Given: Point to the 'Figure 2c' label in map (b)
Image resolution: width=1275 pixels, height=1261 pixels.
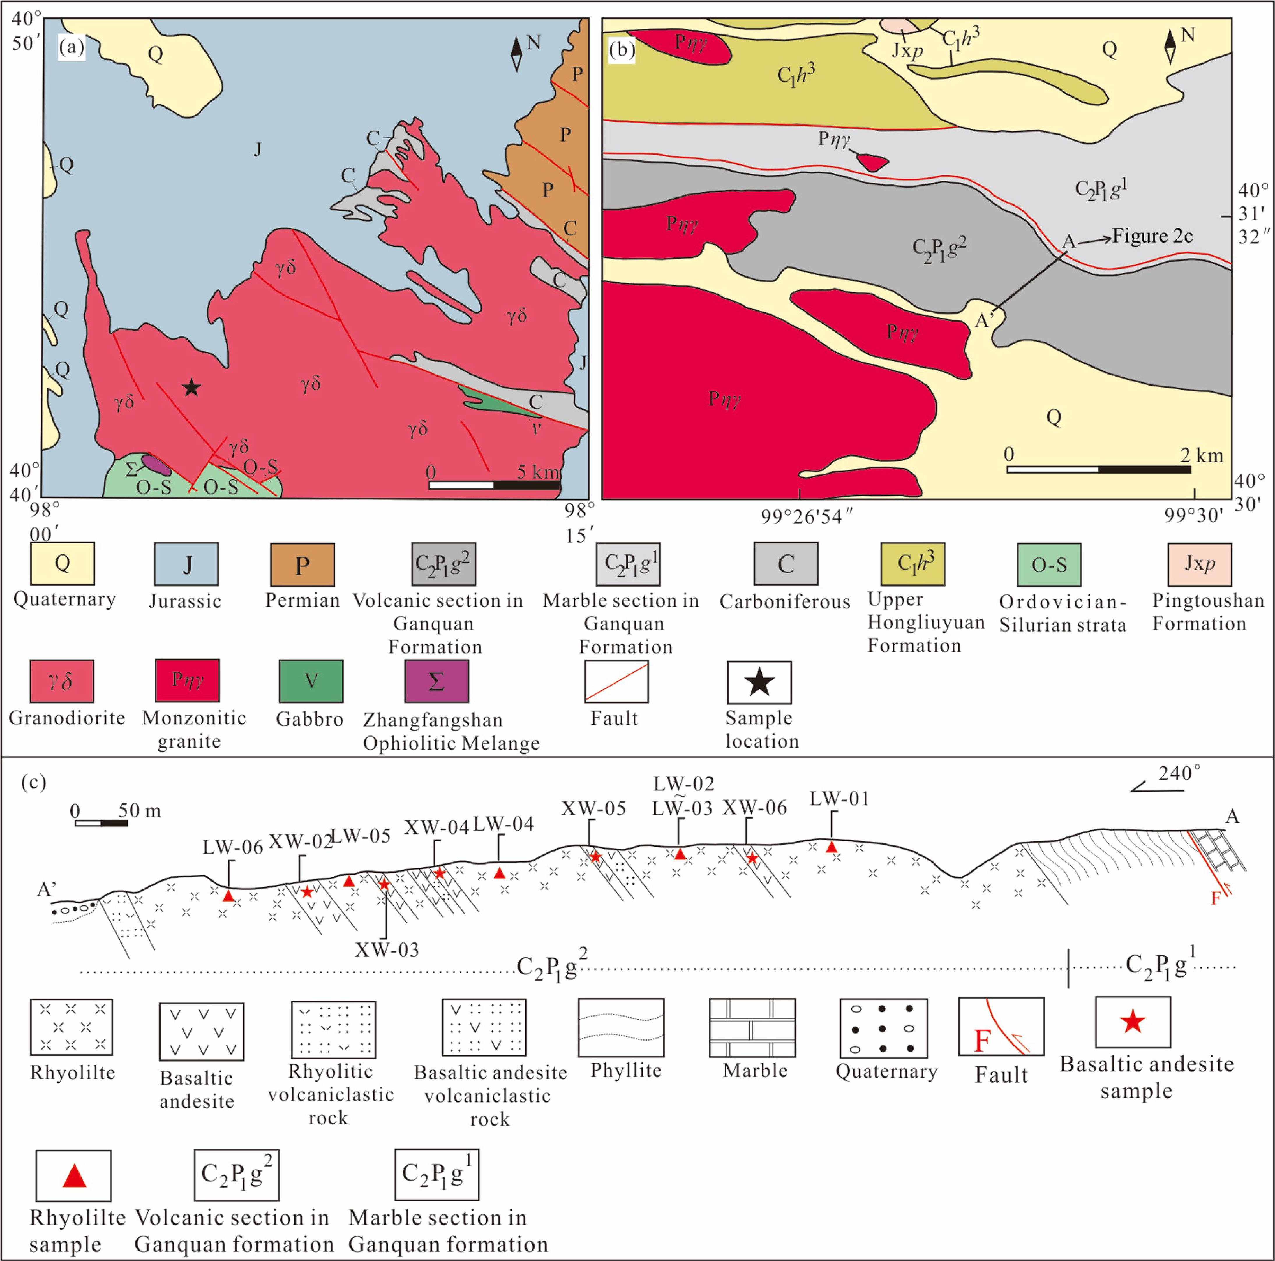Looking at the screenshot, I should (x=1152, y=236).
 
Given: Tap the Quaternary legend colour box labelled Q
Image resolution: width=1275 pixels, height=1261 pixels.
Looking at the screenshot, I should (x=63, y=564).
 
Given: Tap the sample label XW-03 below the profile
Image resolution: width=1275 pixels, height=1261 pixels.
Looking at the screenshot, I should (x=387, y=950).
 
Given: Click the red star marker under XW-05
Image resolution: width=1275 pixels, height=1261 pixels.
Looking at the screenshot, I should (x=595, y=856).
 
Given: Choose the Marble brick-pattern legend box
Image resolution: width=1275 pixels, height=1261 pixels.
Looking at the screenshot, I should (x=752, y=1027).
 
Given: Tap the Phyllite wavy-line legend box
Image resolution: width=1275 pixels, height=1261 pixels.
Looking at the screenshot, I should (x=621, y=1027).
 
